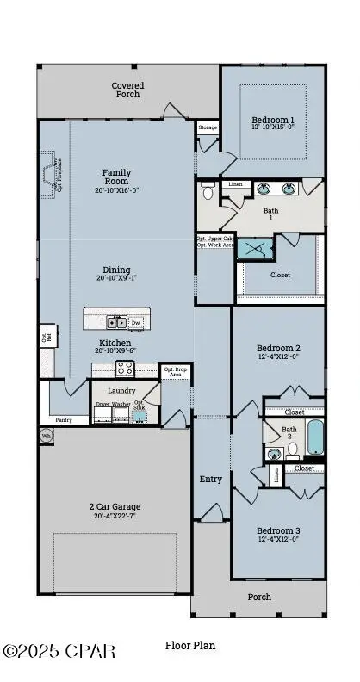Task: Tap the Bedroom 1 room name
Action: point(273,120)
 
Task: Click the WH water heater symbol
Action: point(46,437)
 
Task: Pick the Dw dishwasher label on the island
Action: point(136,323)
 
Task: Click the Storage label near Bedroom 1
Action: point(208,127)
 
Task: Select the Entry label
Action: point(211,479)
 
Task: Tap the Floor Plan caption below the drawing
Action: point(190,645)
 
